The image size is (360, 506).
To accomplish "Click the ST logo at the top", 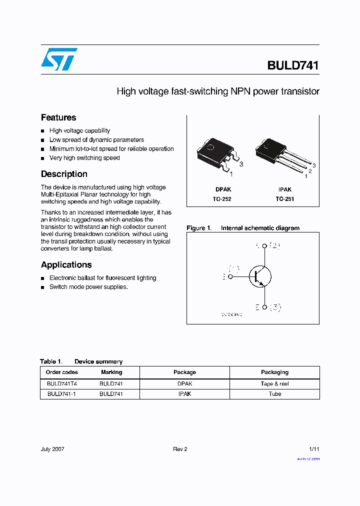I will click(x=59, y=59).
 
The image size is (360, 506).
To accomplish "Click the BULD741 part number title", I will click(x=293, y=65).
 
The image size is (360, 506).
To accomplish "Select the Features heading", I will click(x=58, y=117).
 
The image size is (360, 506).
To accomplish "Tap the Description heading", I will click(x=64, y=174).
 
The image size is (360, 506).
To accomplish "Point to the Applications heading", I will click(x=66, y=264).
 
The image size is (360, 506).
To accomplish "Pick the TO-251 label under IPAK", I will click(x=285, y=198).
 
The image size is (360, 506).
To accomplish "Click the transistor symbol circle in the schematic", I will click(x=260, y=276).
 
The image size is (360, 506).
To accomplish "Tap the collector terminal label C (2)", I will click(x=268, y=245).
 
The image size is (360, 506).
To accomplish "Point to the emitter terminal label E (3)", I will click(x=268, y=307).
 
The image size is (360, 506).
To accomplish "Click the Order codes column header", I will click(x=62, y=372).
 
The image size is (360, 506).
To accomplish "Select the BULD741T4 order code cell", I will click(x=62, y=384).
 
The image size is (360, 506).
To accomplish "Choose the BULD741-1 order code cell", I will click(x=62, y=394).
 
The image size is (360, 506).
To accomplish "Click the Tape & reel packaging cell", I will click(x=274, y=384).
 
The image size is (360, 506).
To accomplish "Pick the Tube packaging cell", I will click(x=274, y=394).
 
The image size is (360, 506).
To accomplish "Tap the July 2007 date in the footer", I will click(x=52, y=449).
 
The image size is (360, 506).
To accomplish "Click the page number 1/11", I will click(x=313, y=449).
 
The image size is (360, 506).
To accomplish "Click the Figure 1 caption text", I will click(x=243, y=228).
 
